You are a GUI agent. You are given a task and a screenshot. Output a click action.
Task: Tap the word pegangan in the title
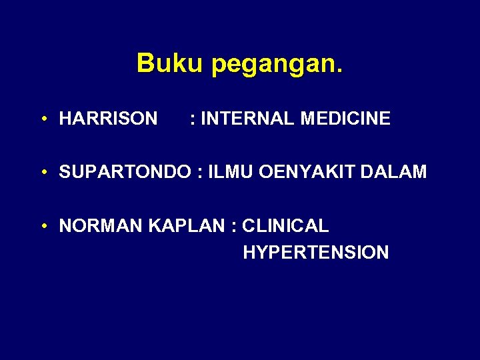(x=273, y=65)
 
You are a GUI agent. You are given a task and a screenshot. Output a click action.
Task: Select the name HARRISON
(x=108, y=119)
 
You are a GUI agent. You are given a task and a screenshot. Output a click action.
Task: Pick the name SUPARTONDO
(x=125, y=172)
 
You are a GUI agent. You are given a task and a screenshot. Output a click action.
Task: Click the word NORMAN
(x=101, y=226)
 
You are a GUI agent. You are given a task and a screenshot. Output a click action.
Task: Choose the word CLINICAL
(x=285, y=226)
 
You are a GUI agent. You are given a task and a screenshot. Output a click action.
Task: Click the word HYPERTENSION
(x=316, y=253)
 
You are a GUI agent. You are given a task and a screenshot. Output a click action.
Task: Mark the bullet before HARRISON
(x=43, y=119)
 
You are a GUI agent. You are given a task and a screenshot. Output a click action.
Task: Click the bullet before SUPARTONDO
(x=43, y=173)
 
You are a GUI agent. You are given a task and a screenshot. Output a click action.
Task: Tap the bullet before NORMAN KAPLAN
(x=43, y=227)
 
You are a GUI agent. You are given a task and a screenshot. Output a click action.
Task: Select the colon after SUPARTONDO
(x=199, y=173)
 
